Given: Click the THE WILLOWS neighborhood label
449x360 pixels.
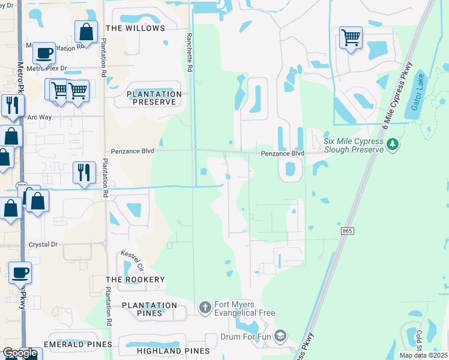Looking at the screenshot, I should [x=135, y=28].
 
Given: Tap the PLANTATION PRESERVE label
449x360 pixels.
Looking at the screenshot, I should [x=154, y=98].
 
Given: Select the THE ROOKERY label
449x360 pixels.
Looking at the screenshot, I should [x=135, y=280].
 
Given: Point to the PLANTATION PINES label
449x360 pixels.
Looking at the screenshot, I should [x=149, y=309].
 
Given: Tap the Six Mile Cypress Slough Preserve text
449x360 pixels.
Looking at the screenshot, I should [x=353, y=145].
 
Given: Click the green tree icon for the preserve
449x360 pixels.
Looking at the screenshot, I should [x=393, y=143].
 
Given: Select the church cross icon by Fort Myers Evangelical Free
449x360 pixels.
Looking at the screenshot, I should [x=205, y=308].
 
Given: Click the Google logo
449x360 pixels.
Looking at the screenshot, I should [x=20, y=353].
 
